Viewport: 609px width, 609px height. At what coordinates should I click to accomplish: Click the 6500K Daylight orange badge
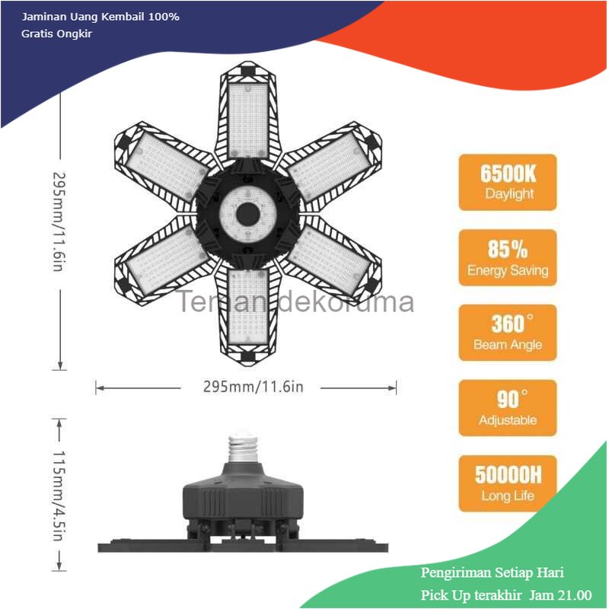[x=508, y=182]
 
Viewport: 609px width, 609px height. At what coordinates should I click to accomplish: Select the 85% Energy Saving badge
[x=508, y=257]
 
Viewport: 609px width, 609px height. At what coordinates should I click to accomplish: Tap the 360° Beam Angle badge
[x=508, y=333]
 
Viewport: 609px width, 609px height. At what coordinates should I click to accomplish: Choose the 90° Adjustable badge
[x=508, y=408]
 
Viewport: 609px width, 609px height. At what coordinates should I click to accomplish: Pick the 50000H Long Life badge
[x=508, y=483]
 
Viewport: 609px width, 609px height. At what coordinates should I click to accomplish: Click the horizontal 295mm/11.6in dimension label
[x=253, y=387]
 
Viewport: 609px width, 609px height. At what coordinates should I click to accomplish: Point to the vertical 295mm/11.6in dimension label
[x=59, y=222]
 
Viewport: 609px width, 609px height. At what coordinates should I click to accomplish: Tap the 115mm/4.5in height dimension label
[x=59, y=496]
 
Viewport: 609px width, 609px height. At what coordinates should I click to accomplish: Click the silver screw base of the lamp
[x=242, y=448]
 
